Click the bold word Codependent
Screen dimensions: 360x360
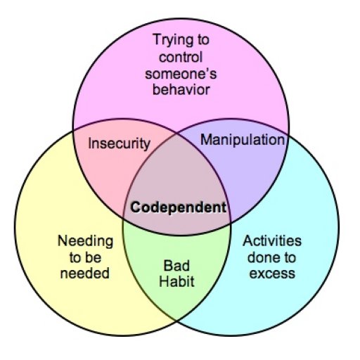179,207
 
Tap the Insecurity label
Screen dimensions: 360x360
119,143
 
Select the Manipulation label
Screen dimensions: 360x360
243,140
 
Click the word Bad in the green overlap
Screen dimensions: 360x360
176,266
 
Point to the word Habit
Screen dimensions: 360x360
176,281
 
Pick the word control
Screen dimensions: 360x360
181,58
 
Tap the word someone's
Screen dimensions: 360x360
181,74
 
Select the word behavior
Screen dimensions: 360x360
181,90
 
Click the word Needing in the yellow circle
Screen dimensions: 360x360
85,241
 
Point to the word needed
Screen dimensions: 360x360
85,274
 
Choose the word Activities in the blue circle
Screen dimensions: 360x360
272,241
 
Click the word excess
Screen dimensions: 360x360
272,274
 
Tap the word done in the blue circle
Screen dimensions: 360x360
262,257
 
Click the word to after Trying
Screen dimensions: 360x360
203,40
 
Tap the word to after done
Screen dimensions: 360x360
288,257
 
